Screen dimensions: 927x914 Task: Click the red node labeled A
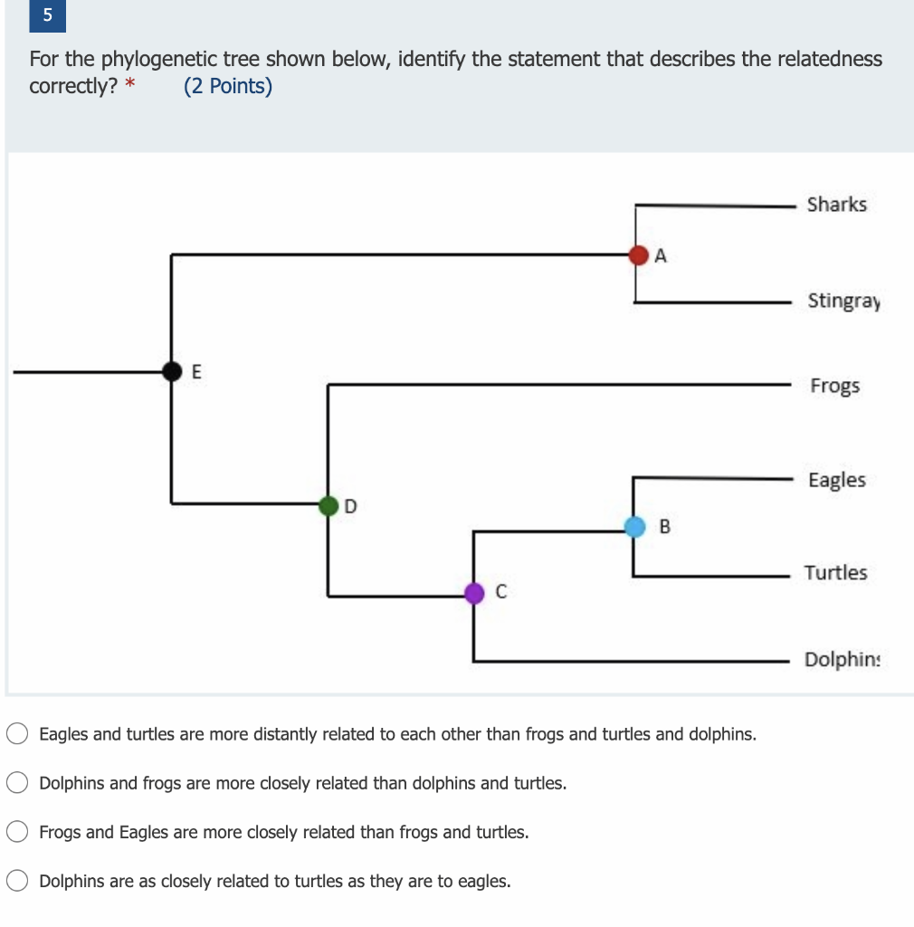(639, 254)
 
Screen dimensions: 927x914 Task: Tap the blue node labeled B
(635, 526)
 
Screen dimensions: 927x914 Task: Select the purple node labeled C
(474, 593)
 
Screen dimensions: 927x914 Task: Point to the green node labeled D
(328, 505)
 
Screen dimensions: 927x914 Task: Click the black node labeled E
(172, 369)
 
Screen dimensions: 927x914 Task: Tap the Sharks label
(836, 205)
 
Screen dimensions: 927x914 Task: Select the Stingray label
(843, 301)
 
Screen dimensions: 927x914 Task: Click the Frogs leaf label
(835, 387)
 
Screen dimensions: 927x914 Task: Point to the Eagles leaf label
(836, 481)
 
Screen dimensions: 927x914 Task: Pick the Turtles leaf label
(835, 573)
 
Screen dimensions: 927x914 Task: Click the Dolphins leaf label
(842, 659)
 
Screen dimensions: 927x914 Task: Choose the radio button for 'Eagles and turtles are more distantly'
(17, 733)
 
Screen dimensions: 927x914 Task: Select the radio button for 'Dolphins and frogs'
(17, 783)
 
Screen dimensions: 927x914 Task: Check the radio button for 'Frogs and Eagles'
(17, 832)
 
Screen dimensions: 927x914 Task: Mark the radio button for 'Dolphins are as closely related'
(17, 881)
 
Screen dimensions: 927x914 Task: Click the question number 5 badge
(47, 16)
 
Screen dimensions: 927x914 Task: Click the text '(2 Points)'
(228, 87)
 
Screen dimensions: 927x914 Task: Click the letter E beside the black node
(197, 371)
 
